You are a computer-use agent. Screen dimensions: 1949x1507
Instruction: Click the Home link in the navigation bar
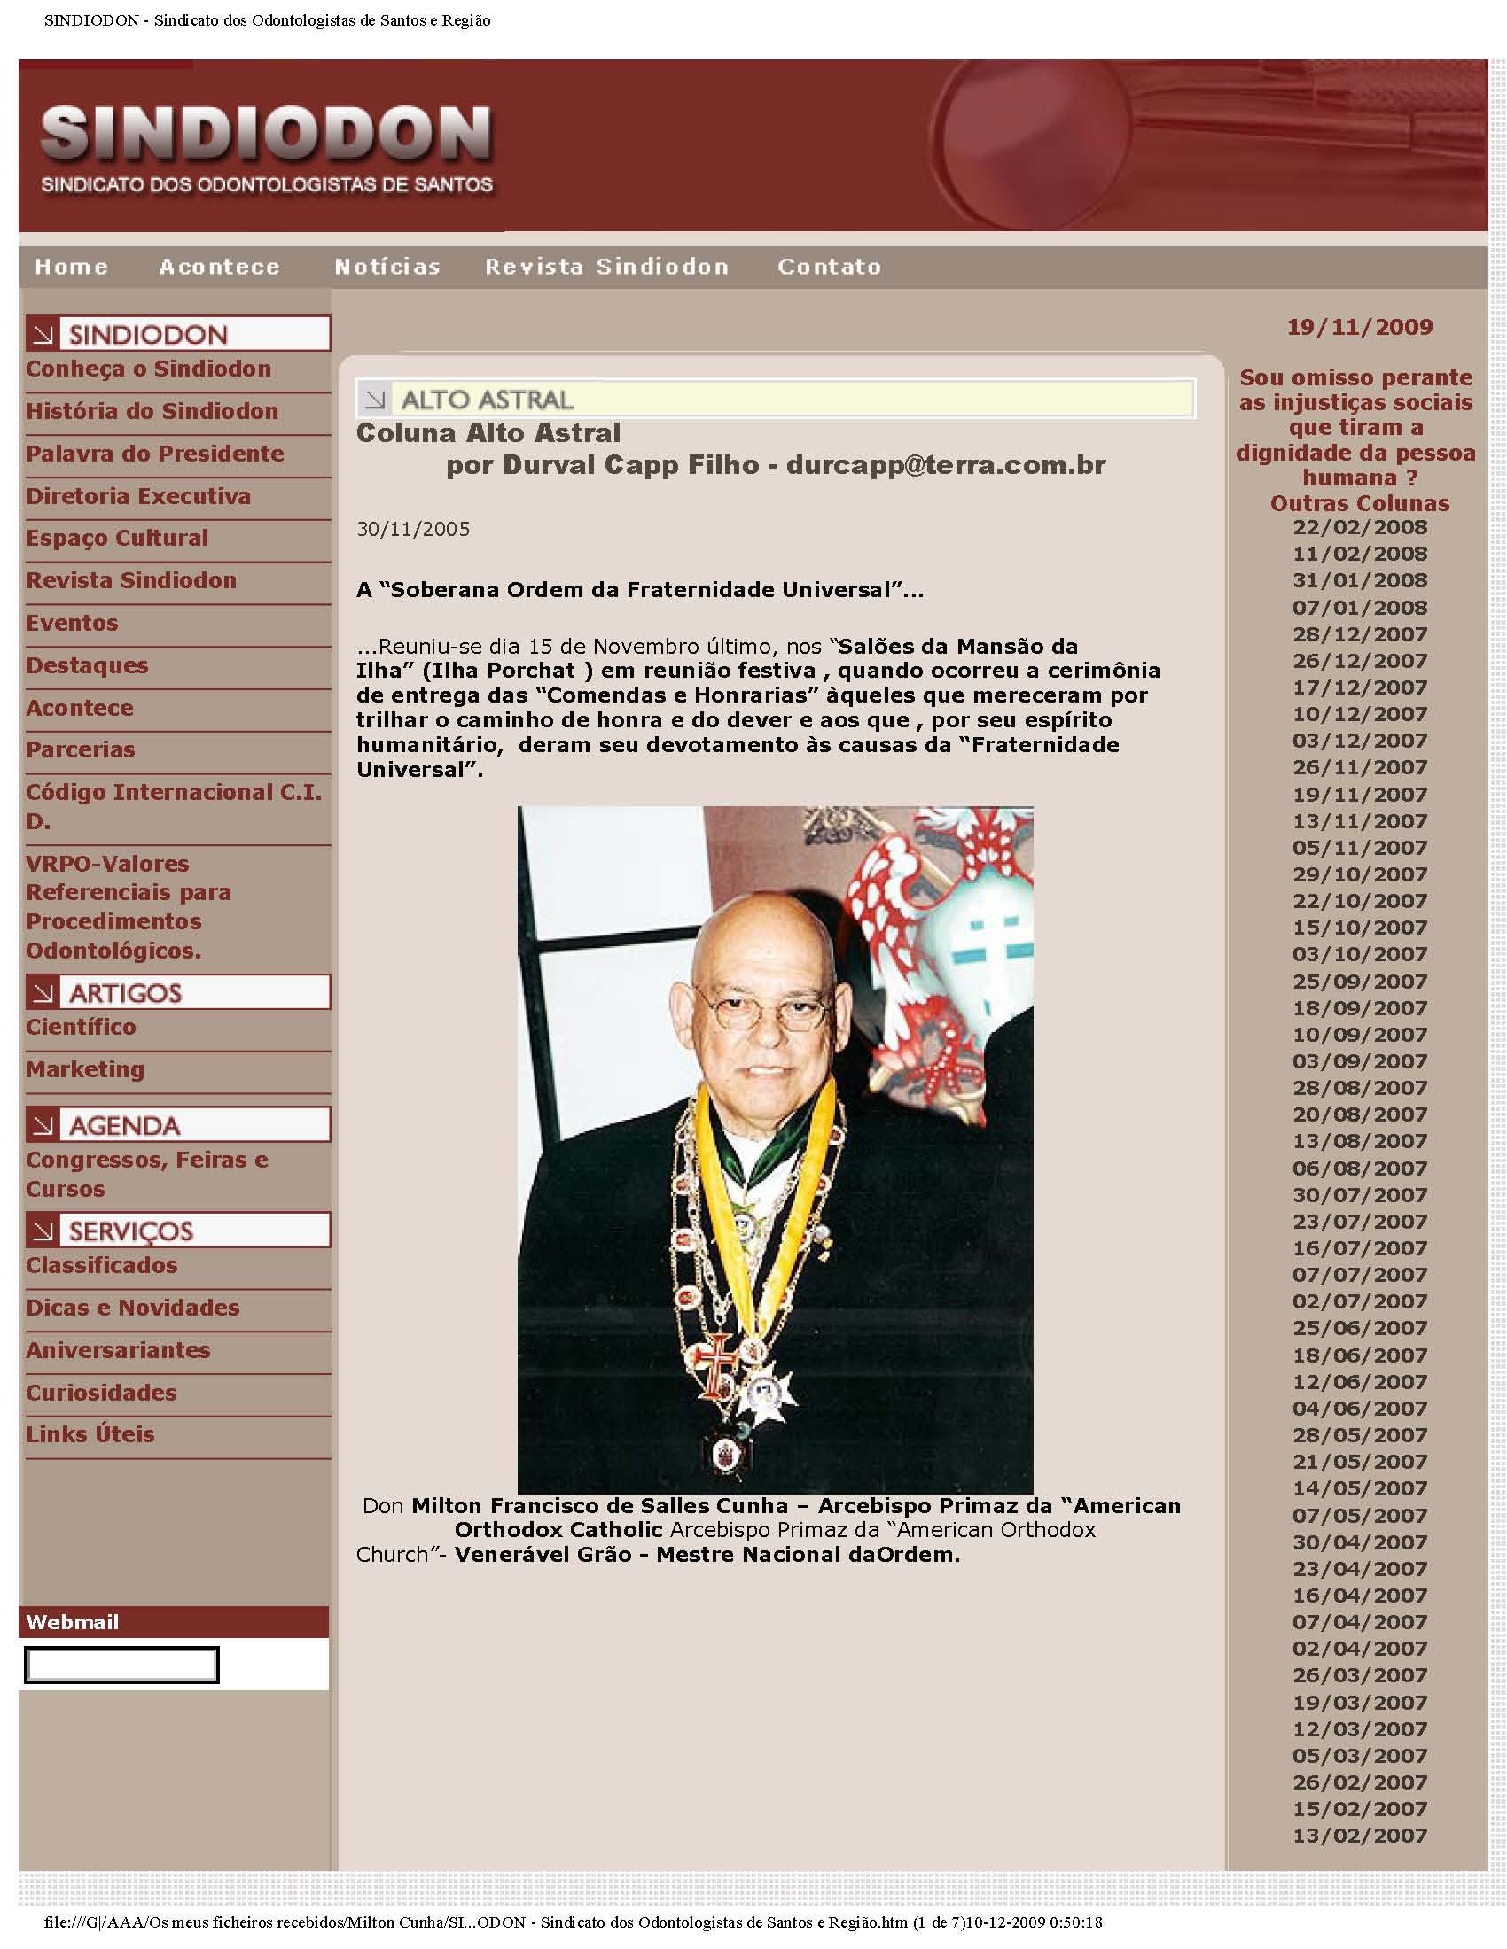72,267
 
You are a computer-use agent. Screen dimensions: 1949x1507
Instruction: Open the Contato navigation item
829,267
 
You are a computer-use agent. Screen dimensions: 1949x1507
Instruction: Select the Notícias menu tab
387,267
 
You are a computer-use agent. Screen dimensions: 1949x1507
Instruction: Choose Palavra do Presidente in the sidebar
154,454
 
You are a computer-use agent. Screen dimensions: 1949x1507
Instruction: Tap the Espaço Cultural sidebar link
117,538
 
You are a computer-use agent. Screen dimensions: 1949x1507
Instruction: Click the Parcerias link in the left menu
81,749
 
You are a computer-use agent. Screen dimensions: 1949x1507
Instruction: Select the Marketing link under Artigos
85,1069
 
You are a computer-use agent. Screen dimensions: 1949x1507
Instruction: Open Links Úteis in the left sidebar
90,1434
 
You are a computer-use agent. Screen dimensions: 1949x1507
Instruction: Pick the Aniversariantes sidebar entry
118,1350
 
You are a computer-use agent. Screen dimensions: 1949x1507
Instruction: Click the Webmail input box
121,1666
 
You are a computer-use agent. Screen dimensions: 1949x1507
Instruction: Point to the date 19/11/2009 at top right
1359,327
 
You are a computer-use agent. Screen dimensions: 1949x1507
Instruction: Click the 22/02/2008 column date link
1359,527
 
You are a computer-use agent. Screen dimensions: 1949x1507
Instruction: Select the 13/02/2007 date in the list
1359,1836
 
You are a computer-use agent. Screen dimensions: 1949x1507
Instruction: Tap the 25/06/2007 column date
1359,1328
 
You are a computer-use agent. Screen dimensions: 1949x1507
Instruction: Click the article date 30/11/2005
412,529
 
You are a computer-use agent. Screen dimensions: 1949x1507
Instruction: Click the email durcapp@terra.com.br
946,465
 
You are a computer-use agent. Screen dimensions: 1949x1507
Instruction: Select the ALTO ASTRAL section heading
487,399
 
